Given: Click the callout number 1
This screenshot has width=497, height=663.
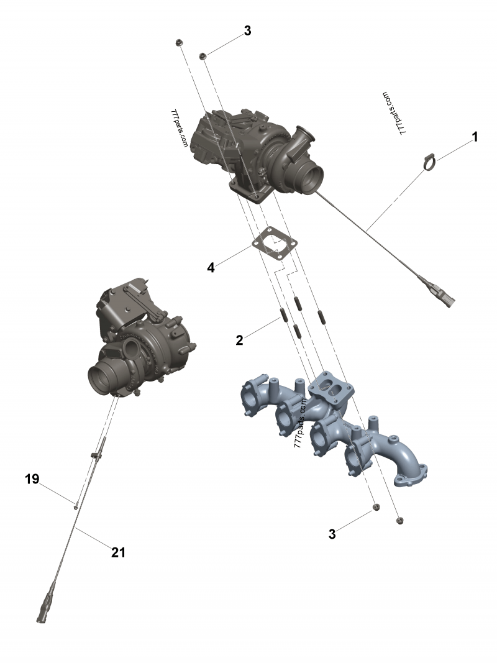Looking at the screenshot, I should point(475,137).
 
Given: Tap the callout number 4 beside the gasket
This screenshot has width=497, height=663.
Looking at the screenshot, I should point(211,268).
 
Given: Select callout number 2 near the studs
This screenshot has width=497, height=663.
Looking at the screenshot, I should point(239,339).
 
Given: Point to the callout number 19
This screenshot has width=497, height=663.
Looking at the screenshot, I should point(32,479).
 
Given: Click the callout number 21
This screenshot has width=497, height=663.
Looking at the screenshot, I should point(118,551).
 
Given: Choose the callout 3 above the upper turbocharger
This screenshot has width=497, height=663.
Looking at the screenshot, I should point(247,31).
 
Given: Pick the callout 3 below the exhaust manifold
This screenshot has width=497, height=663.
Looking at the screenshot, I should point(332,534).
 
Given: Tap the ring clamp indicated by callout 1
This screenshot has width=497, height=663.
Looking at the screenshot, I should point(429,162).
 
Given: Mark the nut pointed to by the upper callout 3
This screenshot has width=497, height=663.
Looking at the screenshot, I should point(203,57).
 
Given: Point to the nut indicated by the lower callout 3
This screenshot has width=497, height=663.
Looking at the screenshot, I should point(375,508).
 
